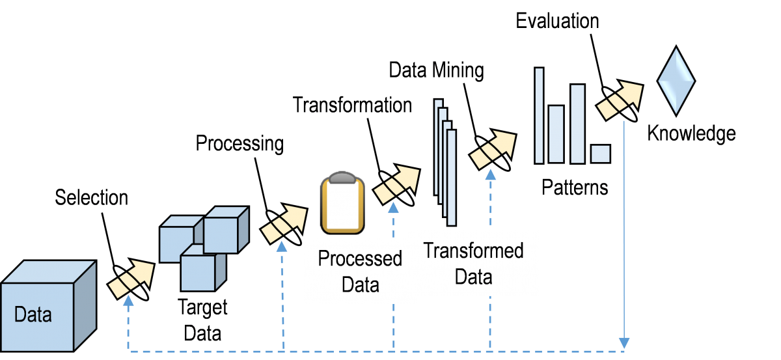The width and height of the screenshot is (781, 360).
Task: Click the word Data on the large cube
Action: point(33,315)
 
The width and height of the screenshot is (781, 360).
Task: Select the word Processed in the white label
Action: point(360,258)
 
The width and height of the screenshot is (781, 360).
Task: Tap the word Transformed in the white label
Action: point(473,251)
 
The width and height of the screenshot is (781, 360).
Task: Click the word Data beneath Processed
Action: point(360,284)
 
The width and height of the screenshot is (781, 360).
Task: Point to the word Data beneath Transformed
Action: point(473,277)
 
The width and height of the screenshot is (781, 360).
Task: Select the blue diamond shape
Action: point(676,81)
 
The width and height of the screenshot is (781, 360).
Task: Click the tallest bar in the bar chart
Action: point(539,115)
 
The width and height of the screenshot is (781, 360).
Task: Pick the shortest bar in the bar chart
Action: point(600,154)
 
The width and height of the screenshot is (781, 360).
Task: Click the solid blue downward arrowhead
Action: point(625,342)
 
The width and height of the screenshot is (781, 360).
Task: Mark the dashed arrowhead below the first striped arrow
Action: point(128,300)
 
